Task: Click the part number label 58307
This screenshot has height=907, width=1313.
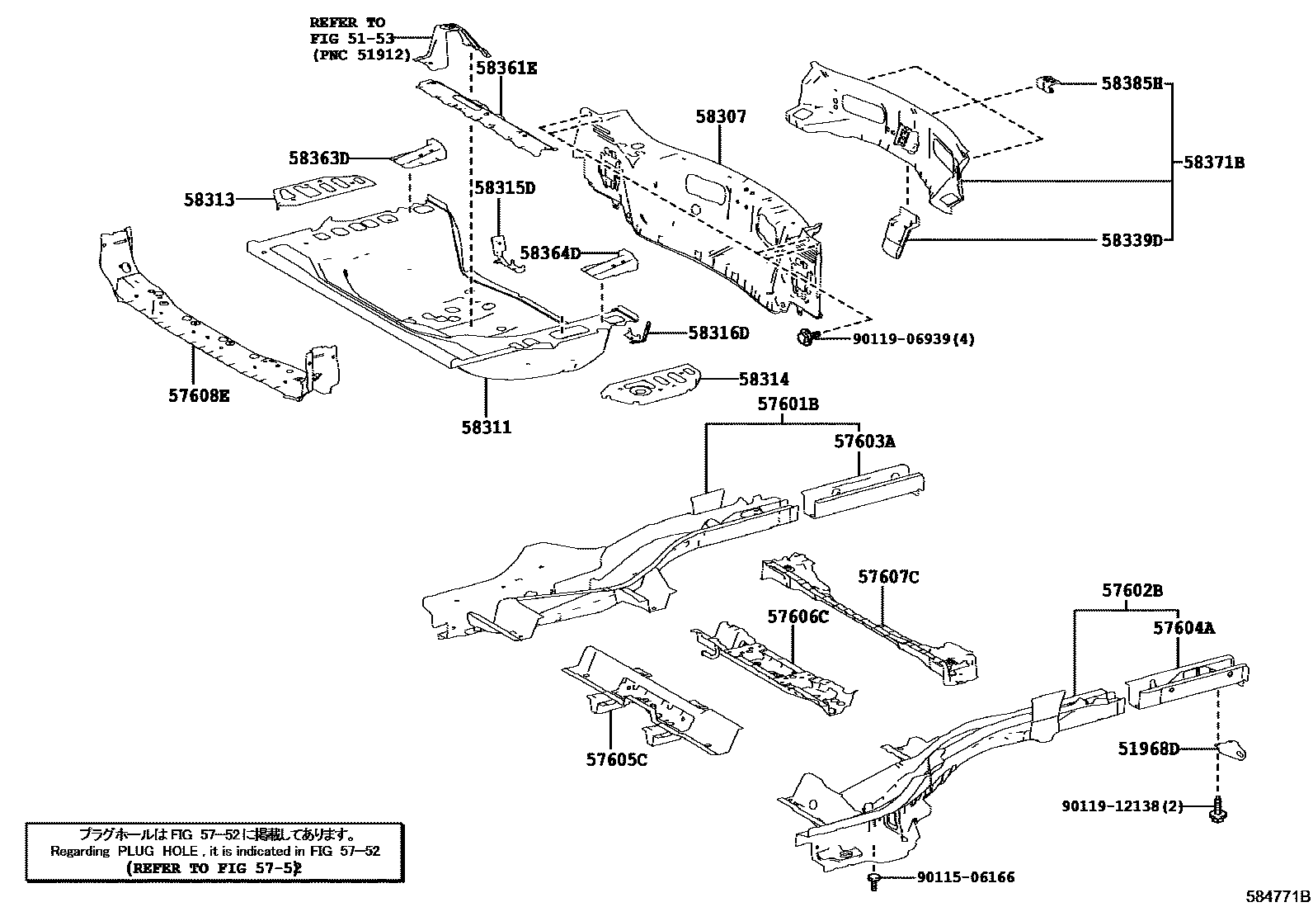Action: (720, 117)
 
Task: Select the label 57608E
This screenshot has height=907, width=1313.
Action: (199, 396)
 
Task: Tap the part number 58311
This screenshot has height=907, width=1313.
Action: (486, 428)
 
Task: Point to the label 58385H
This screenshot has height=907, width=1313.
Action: (1131, 83)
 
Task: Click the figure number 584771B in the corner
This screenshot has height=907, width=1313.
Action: (1278, 896)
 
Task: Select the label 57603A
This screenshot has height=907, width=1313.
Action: (864, 442)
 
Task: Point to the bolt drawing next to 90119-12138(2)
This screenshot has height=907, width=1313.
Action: (1218, 807)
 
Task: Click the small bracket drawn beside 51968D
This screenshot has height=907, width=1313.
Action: (1232, 750)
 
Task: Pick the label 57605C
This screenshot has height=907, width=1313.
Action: (616, 759)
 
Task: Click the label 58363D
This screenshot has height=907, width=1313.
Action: (319, 158)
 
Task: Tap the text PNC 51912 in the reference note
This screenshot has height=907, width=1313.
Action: (360, 54)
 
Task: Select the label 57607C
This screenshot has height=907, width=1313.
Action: (887, 577)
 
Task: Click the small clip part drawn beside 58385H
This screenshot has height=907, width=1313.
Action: (1047, 83)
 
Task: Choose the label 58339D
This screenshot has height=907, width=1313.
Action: (1131, 240)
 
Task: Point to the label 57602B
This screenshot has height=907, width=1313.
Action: (1132, 591)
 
